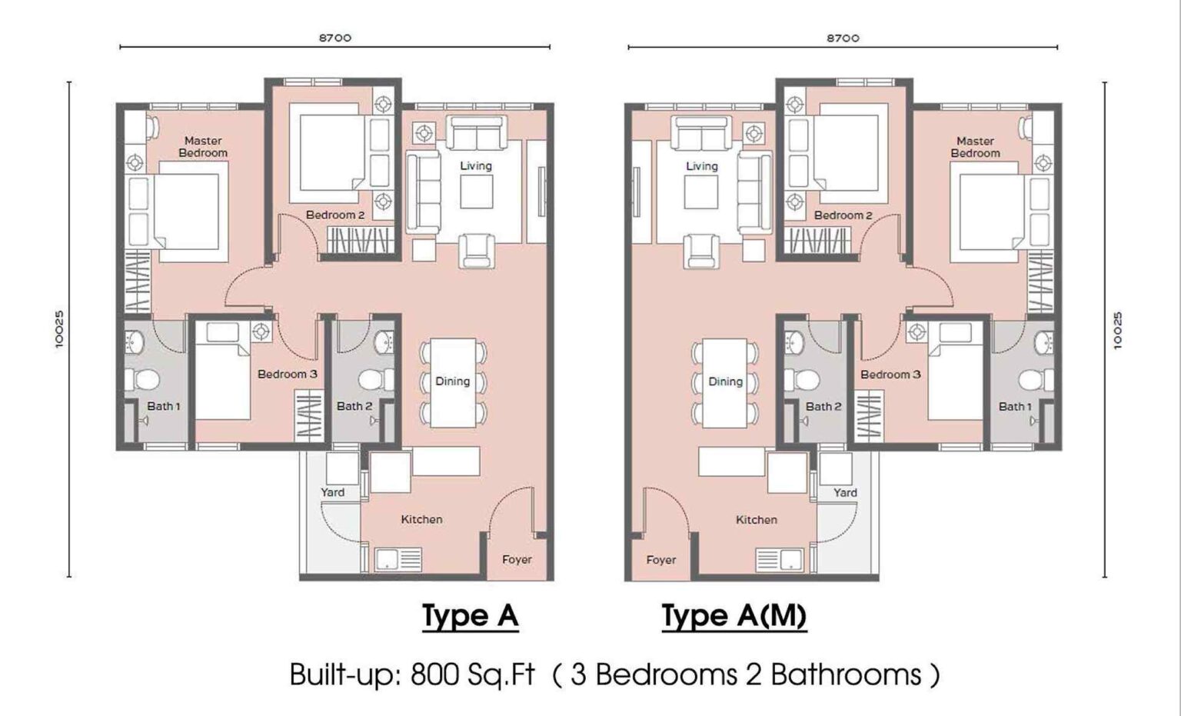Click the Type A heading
[470, 616]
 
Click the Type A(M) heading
[734, 616]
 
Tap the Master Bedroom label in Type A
[203, 147]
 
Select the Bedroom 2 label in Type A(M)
[843, 215]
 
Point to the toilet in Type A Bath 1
[142, 379]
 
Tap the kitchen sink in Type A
[398, 559]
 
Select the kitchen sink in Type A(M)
[780, 559]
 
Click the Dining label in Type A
[452, 381]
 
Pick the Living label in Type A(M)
[701, 166]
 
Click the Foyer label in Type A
[517, 560]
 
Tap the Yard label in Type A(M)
[845, 492]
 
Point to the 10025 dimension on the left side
[60, 329]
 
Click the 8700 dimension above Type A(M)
[843, 38]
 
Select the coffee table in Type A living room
[477, 191]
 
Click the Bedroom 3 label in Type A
[287, 375]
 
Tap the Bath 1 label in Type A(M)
[1015, 406]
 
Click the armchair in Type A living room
[477, 251]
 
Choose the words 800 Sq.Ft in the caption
[472, 674]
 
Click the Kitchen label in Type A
[421, 520]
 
